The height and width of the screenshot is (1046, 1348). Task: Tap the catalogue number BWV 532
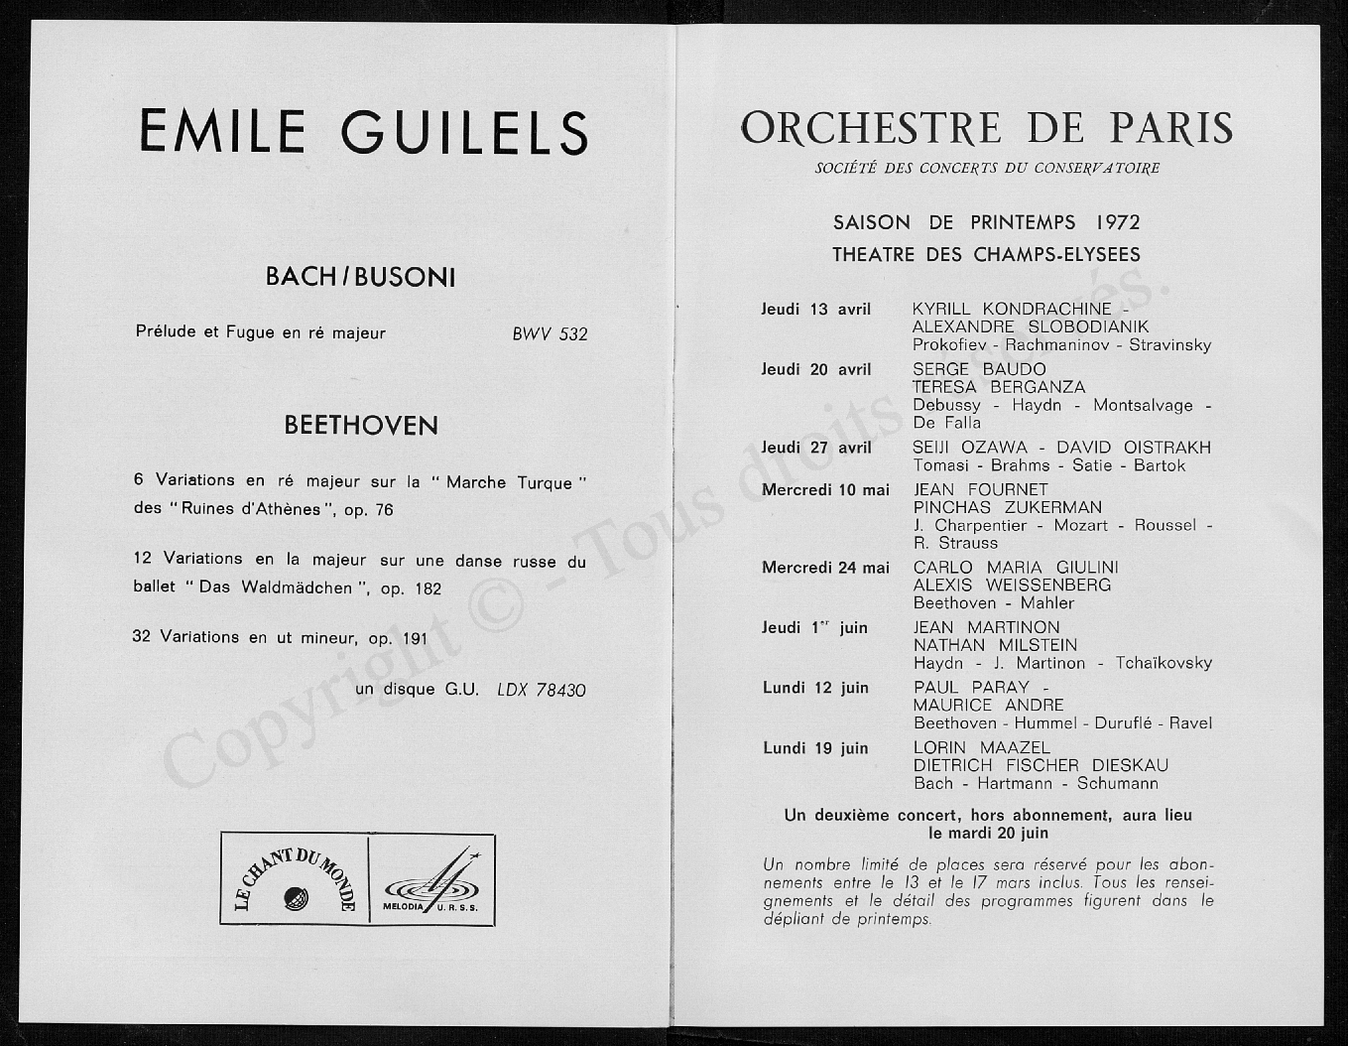tap(550, 334)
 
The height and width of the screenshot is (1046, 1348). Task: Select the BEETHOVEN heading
tap(361, 426)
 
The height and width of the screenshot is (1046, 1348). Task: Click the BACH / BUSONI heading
tap(360, 277)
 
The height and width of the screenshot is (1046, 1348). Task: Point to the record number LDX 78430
tap(542, 689)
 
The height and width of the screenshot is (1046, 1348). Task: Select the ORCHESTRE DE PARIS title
tap(987, 129)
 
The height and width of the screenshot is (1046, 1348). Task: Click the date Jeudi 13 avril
tap(815, 310)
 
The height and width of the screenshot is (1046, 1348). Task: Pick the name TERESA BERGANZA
tap(999, 387)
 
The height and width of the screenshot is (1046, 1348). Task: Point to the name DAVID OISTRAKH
tap(1134, 448)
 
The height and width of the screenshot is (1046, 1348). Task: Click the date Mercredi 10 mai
tap(825, 489)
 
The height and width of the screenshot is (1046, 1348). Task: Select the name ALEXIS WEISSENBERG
tap(1012, 585)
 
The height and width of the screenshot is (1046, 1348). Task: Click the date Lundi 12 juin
tap(815, 688)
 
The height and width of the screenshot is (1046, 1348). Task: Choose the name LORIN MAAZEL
tap(981, 747)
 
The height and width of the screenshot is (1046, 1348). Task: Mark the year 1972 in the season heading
tap(1111, 221)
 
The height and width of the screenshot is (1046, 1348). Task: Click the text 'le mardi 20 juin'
tap(988, 833)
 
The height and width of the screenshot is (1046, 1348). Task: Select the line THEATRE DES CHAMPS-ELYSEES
tap(986, 255)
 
